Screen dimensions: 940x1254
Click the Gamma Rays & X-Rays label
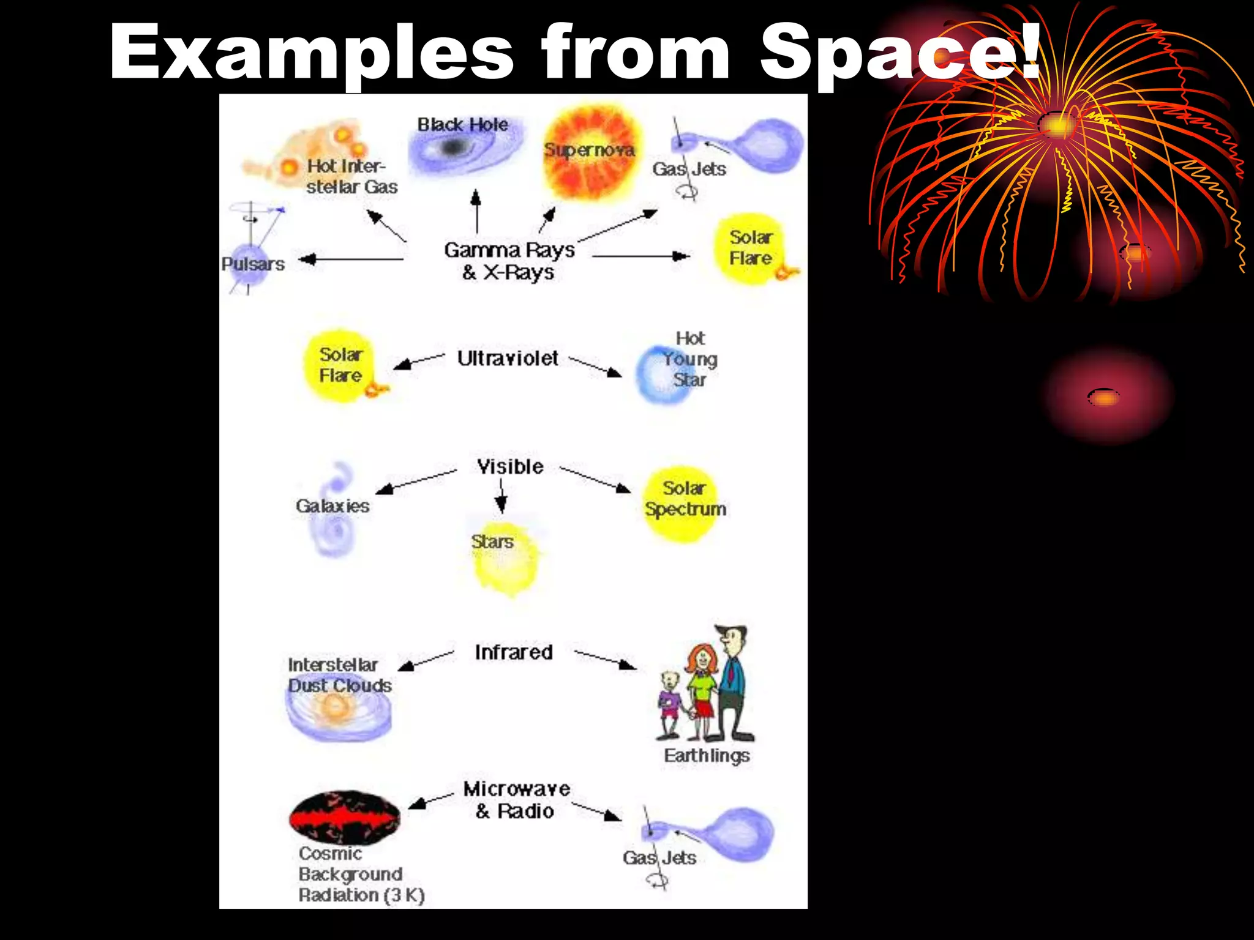pos(509,261)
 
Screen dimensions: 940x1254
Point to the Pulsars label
pos(253,264)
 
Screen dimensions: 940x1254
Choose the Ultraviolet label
pos(508,359)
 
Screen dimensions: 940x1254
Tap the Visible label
pos(510,467)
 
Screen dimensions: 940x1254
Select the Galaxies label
pos(332,506)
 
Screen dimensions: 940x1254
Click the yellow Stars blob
pos(506,560)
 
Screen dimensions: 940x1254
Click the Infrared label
pos(514,652)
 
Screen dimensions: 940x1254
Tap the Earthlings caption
pos(707,756)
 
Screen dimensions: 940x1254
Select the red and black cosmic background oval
pos(345,818)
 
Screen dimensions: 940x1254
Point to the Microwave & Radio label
pos(516,800)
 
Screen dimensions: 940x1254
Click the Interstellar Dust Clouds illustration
pos(339,713)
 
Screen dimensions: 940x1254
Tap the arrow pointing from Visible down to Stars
pos(501,496)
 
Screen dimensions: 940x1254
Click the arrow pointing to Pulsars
pos(351,259)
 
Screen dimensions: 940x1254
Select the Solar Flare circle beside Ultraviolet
pos(339,367)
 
